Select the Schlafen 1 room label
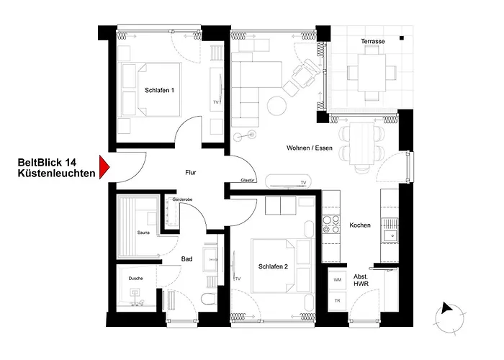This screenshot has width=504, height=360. pyautogui.click(x=159, y=90)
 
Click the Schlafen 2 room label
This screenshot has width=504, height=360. pyautogui.click(x=273, y=266)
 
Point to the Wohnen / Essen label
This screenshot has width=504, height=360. pyautogui.click(x=310, y=148)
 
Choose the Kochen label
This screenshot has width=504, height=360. pyautogui.click(x=360, y=225)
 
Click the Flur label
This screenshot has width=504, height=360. pyautogui.click(x=190, y=173)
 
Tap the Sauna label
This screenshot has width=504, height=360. pyautogui.click(x=142, y=233)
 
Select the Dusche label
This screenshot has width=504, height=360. pyautogui.click(x=135, y=278)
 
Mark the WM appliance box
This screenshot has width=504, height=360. pyautogui.click(x=336, y=279)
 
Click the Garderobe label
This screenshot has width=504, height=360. pyautogui.click(x=181, y=199)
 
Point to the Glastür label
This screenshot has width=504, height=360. pyautogui.click(x=248, y=181)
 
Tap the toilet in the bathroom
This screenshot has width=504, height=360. pyautogui.click(x=207, y=301)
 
